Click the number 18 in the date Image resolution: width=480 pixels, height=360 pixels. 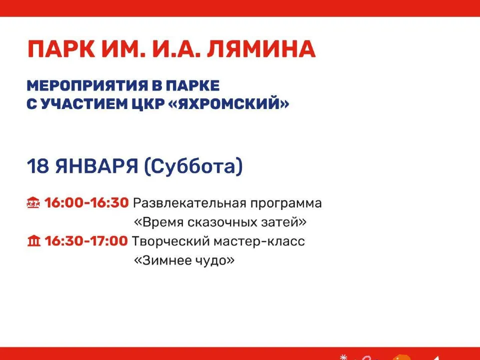pyautogui.click(x=37, y=166)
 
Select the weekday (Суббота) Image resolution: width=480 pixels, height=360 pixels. pyautogui.click(x=193, y=166)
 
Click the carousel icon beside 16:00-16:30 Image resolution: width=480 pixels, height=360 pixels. pyautogui.click(x=33, y=203)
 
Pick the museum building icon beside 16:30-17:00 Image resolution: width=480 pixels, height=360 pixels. pyautogui.click(x=33, y=242)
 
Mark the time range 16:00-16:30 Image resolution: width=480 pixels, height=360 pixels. pyautogui.click(x=87, y=203)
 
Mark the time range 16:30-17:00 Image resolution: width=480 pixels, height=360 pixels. pyautogui.click(x=86, y=241)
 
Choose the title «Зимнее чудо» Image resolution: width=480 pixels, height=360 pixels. pyautogui.click(x=184, y=260)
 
